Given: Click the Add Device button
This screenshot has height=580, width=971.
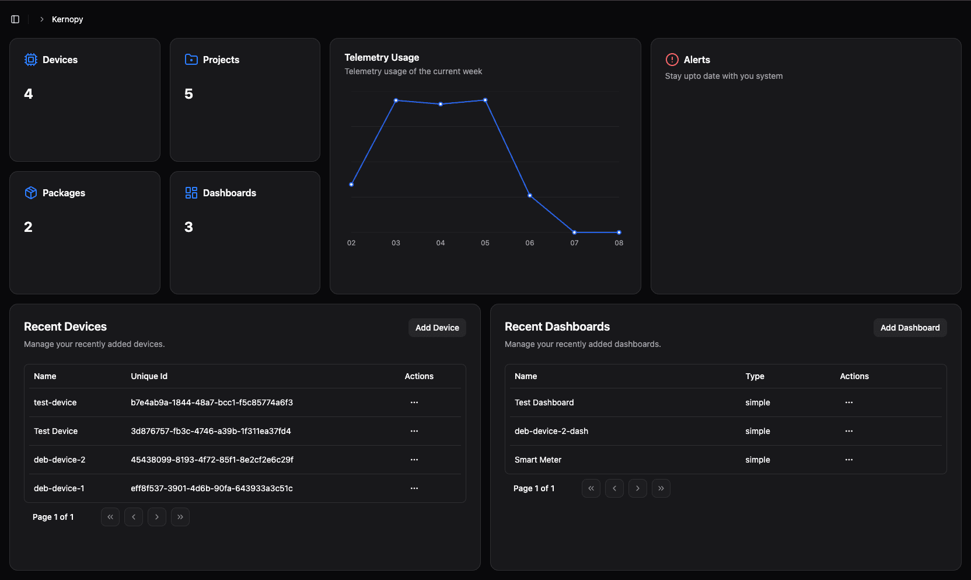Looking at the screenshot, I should click(x=437, y=328).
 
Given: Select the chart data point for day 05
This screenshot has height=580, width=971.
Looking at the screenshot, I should click(x=485, y=100).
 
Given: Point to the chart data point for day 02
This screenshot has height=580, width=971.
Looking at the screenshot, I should click(x=351, y=185).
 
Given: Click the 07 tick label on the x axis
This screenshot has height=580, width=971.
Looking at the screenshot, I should click(x=574, y=243).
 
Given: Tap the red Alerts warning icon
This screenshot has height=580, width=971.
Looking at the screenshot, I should click(x=672, y=60).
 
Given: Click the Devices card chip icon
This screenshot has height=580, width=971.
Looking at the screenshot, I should click(x=31, y=60).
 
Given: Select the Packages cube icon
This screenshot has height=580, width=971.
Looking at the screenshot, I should click(x=31, y=193).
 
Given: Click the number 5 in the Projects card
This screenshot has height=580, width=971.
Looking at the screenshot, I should click(x=188, y=94).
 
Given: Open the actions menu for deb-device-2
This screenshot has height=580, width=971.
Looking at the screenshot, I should click(x=414, y=460).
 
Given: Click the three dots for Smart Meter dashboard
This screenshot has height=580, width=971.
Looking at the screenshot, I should click(x=848, y=460).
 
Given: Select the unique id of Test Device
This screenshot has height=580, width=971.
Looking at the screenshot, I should click(x=211, y=431).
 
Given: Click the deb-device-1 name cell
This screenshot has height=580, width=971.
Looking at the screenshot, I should click(x=59, y=488).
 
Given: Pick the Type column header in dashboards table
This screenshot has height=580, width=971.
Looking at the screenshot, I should click(x=755, y=376).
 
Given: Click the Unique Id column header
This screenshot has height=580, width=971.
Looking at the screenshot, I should click(x=149, y=376).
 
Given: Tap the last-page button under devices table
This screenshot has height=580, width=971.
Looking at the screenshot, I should click(x=180, y=517).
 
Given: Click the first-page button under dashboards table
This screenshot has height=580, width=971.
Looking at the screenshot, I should click(x=591, y=488).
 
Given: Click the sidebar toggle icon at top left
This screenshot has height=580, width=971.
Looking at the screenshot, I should click(x=15, y=19).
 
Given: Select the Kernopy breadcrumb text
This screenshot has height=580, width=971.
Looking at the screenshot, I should click(x=67, y=19).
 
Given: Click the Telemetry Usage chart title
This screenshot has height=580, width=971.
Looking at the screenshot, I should click(x=382, y=57).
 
